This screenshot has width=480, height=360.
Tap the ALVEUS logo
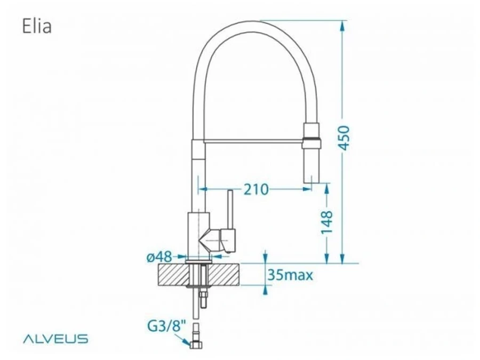tap(55, 339)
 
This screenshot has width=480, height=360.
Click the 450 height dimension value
tap(345, 138)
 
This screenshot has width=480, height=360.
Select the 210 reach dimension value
tap(256, 189)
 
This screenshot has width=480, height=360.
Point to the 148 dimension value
tap(327, 222)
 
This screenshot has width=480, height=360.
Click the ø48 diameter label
tap(159, 257)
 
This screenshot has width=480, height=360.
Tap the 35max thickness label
tap(291, 275)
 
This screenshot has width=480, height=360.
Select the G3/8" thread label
tap(167, 326)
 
